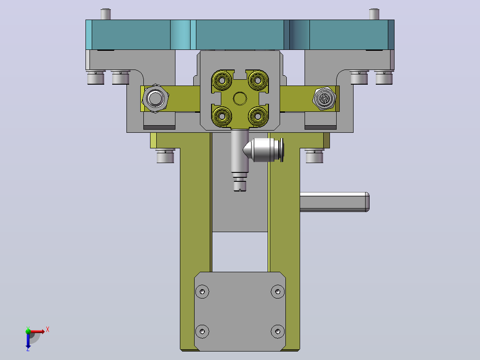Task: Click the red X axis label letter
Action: (48, 330)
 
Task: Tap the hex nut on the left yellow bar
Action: (155, 98)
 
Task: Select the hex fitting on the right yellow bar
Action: (325, 98)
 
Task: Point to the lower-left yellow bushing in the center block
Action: (222, 116)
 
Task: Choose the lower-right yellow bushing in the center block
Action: (258, 116)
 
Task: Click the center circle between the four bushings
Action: (240, 98)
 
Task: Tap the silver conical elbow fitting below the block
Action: (263, 150)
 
